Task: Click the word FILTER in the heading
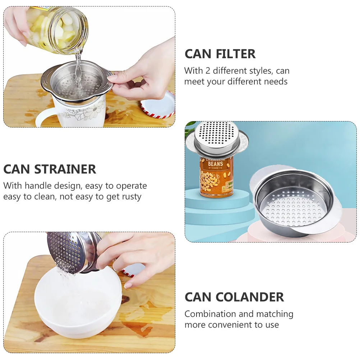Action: (x=236, y=54)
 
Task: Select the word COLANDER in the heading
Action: (x=250, y=297)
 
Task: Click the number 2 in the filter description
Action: (x=208, y=70)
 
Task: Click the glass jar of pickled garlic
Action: (x=59, y=29)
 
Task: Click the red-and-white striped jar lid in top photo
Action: (x=158, y=105)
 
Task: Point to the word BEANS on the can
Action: (x=216, y=164)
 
